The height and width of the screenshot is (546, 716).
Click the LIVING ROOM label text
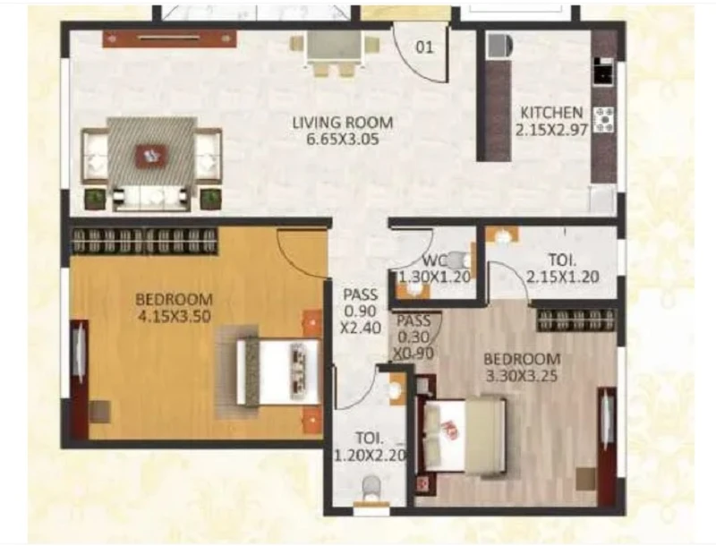coord(343,123)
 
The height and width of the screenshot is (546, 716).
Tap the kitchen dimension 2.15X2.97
coord(551,131)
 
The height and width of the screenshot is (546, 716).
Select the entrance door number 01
coord(424,47)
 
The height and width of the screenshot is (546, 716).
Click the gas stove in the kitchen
coord(603,120)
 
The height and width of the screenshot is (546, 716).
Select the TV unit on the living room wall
coord(169,38)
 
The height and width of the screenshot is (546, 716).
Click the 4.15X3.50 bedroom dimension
coord(174,316)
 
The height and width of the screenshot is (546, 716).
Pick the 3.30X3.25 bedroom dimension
coord(523,376)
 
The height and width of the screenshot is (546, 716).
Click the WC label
coord(432,261)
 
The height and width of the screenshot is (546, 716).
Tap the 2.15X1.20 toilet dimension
coord(562,277)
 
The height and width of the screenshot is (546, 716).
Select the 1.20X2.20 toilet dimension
coord(371,455)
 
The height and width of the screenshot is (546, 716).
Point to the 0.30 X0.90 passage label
coord(414,337)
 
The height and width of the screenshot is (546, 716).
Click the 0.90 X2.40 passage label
coord(361,311)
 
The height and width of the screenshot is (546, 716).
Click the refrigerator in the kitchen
coord(499,46)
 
